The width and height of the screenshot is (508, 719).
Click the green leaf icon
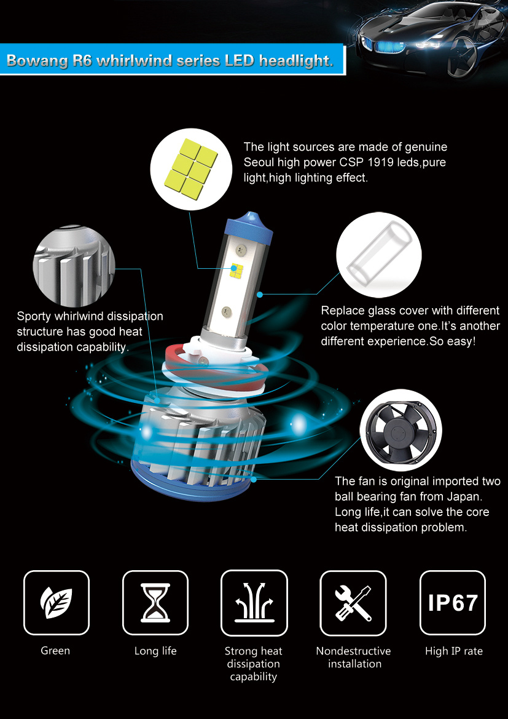point(57,602)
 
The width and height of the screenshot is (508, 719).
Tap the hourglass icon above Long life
point(155,602)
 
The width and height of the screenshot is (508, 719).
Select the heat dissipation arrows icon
point(254,602)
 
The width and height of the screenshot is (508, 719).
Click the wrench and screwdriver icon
point(353,602)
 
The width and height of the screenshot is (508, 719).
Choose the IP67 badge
point(453,602)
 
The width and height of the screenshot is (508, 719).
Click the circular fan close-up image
point(401,429)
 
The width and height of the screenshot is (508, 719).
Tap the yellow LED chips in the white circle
point(191,169)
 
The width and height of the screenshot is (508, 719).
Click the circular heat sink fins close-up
point(74,266)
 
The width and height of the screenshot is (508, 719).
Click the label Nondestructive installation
point(354,657)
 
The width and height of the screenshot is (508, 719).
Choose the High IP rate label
point(454,651)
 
